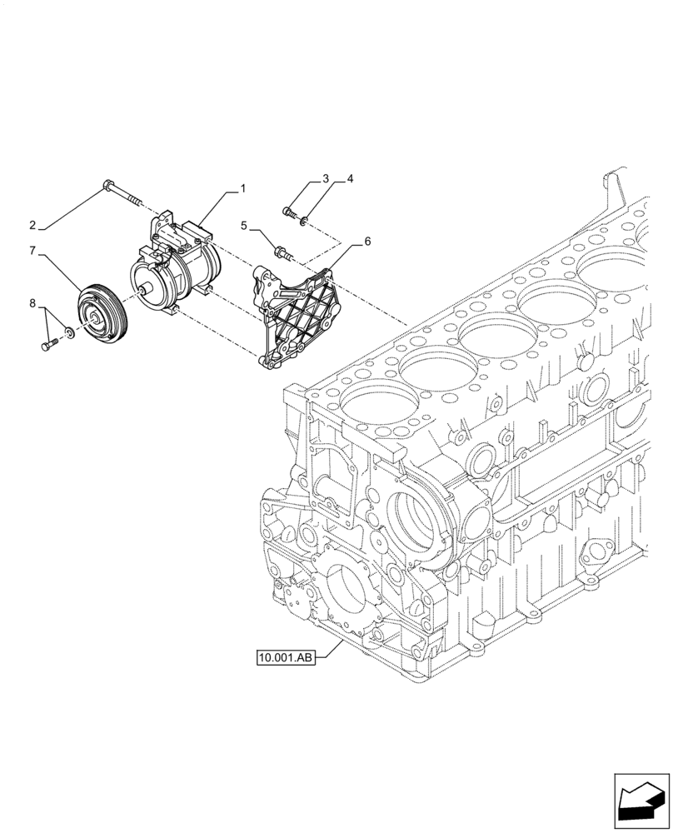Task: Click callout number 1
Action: [x=243, y=189]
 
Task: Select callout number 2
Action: [x=32, y=225]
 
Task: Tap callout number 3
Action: [x=326, y=179]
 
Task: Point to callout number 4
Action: [x=351, y=179]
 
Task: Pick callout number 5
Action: [x=245, y=225]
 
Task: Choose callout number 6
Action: [x=367, y=242]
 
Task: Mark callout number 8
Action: [x=32, y=305]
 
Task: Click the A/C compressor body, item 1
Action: [x=179, y=271]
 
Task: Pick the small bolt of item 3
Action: [x=290, y=213]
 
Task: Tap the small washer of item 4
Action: [x=305, y=220]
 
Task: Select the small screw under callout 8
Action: [x=47, y=343]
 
